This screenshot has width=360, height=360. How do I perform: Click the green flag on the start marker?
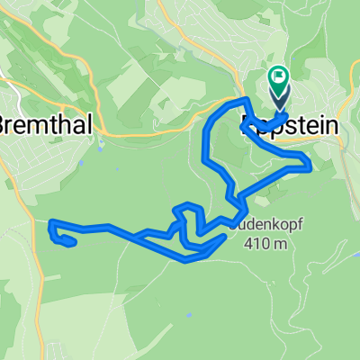click(276, 77)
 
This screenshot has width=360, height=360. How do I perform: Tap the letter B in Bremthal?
click(4, 125)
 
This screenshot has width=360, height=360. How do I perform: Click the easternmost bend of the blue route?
click(310, 164)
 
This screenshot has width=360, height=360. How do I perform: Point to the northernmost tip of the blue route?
click(245, 98)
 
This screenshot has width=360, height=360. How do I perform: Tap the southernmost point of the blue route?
click(186, 261)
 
